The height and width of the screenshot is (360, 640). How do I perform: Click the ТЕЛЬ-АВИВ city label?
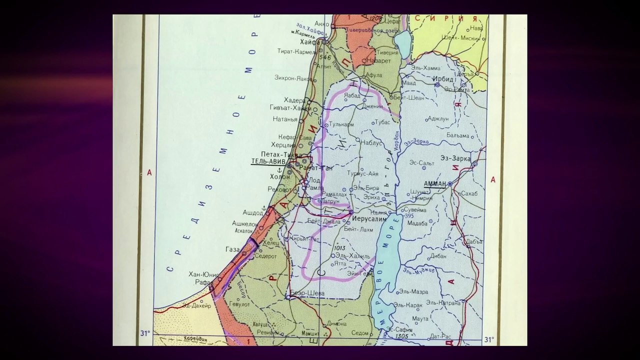click(x=268, y=162)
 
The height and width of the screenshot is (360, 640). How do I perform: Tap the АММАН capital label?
click(x=434, y=184)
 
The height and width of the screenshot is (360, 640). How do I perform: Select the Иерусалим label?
click(x=369, y=219)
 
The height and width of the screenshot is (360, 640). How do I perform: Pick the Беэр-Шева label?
click(x=307, y=293)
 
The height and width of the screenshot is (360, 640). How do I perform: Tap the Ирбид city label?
click(x=442, y=79)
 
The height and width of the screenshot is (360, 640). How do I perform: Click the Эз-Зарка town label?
click(x=455, y=158)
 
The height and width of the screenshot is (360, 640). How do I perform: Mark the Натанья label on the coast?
click(x=285, y=119)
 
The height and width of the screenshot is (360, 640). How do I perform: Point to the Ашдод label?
click(x=252, y=212)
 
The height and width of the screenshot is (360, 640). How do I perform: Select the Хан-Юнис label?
click(x=203, y=274)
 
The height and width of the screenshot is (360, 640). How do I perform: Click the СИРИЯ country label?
click(x=453, y=19)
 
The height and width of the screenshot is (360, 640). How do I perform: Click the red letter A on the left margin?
click(x=149, y=172)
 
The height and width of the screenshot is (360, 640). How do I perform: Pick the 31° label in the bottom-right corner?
click(x=489, y=339)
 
